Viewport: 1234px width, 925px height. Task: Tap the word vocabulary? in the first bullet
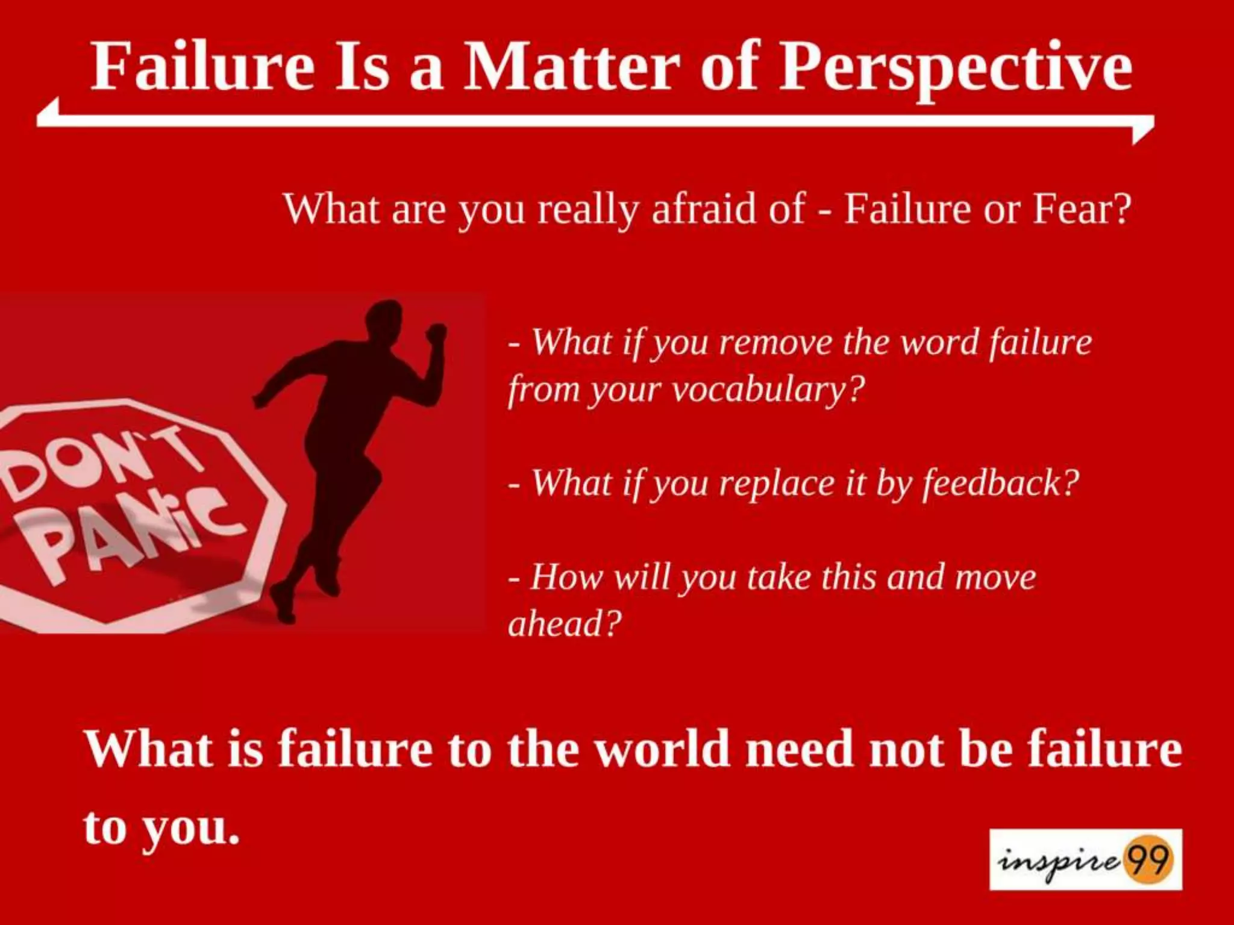click(768, 390)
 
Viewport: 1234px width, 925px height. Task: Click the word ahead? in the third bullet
click(564, 623)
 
